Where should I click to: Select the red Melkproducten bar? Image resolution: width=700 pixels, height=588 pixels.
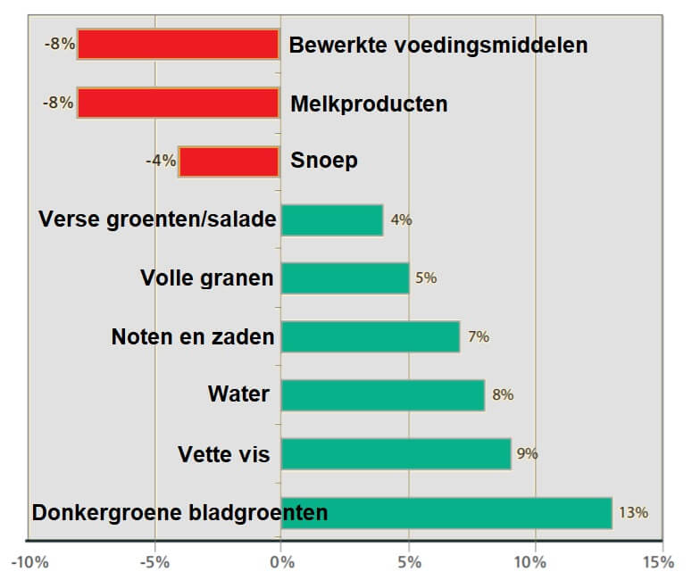[x=179, y=103]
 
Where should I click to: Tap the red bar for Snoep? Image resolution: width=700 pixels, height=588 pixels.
[x=229, y=161]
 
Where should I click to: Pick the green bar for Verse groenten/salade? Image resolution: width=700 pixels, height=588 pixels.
[x=332, y=219]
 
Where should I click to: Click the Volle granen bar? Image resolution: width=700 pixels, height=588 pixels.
[x=345, y=277]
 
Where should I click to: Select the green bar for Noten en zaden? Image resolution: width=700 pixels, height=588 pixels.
[x=370, y=336]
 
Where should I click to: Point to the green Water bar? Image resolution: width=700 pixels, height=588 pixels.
[x=383, y=394]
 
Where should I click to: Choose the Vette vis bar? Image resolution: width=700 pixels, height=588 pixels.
[x=396, y=453]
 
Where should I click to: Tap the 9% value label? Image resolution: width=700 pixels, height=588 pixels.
[x=527, y=453]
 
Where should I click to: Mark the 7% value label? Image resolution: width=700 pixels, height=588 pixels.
[x=479, y=336]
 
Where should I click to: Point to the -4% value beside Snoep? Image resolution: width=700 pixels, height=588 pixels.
[x=160, y=161]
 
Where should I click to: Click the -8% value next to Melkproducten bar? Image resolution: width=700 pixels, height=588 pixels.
[x=58, y=103]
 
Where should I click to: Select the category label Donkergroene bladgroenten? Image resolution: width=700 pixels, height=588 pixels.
[x=180, y=513]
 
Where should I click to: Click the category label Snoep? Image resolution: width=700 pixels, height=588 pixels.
[x=312, y=161]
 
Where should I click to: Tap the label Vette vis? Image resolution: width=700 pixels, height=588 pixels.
[x=224, y=455]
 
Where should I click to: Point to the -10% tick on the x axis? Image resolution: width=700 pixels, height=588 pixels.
[x=29, y=562]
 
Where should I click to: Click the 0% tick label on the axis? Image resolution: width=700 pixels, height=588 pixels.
[x=281, y=562]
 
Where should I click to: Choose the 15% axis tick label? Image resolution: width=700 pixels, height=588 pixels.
[x=659, y=562]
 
